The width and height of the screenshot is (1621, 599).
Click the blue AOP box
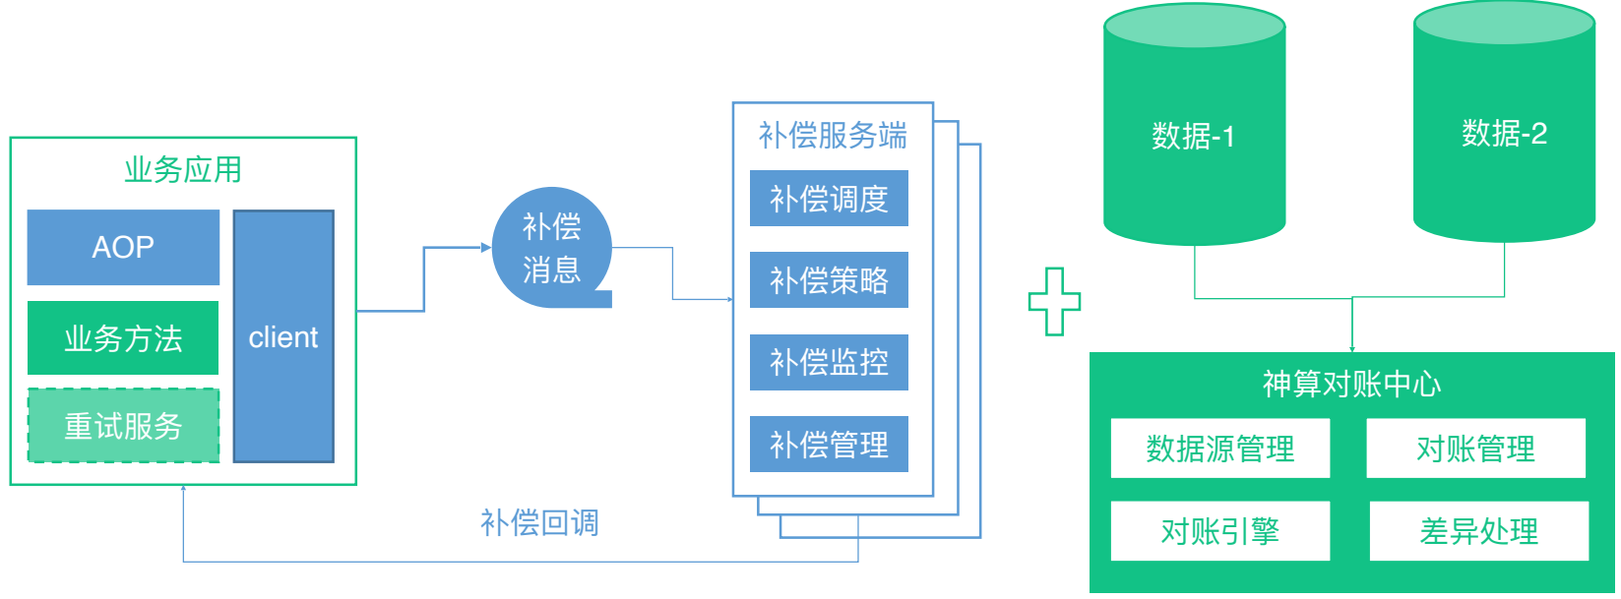coord(123,247)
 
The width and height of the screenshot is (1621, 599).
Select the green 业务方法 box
coord(123,338)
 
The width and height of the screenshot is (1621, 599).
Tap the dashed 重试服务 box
coord(123,426)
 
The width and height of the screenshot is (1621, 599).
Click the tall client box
coord(283,336)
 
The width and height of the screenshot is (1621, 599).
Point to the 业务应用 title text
coord(183,169)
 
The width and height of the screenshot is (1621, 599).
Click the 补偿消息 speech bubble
coord(551,248)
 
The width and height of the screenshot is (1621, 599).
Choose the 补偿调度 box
coord(829,199)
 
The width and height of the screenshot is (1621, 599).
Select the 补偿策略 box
coord(829,280)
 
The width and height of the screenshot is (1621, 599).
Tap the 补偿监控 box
coord(829,362)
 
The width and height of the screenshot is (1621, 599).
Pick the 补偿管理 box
coord(829,445)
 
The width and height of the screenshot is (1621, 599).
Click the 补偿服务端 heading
coord(833,135)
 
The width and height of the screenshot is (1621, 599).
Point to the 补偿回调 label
coord(539,522)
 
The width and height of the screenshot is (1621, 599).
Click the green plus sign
coord(1054,301)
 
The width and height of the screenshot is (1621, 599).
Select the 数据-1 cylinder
coord(1194,135)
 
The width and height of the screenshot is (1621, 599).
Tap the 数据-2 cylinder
coord(1504,133)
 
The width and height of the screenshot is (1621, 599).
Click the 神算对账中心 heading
coord(1351,384)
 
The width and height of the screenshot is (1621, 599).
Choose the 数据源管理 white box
coord(1220,449)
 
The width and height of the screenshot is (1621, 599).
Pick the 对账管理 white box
coord(1475,449)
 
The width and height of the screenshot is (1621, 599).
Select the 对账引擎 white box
coord(1220,531)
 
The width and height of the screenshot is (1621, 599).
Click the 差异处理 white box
coord(1478,531)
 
